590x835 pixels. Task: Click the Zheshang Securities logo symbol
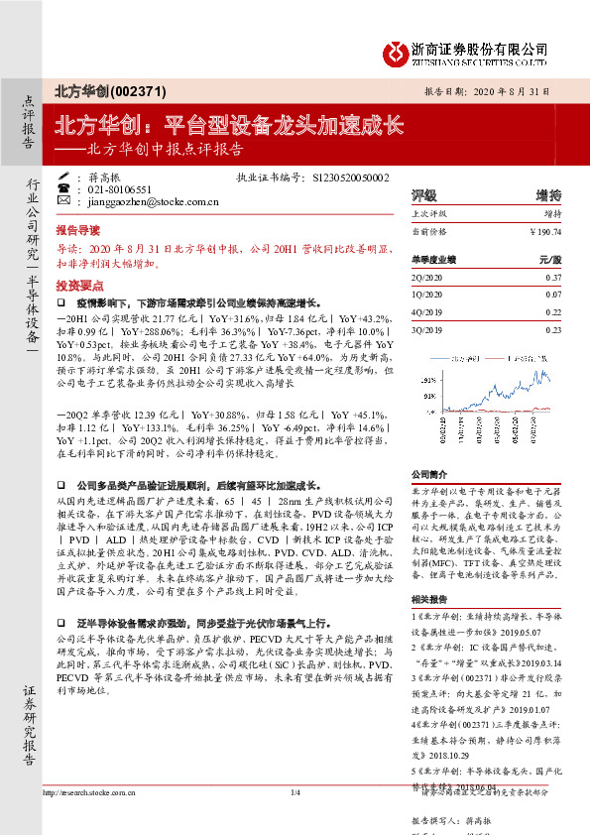click(396, 48)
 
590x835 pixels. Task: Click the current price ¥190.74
click(544, 230)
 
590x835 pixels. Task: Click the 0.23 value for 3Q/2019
click(553, 329)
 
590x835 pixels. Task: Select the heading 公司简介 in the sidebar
click(430, 474)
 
